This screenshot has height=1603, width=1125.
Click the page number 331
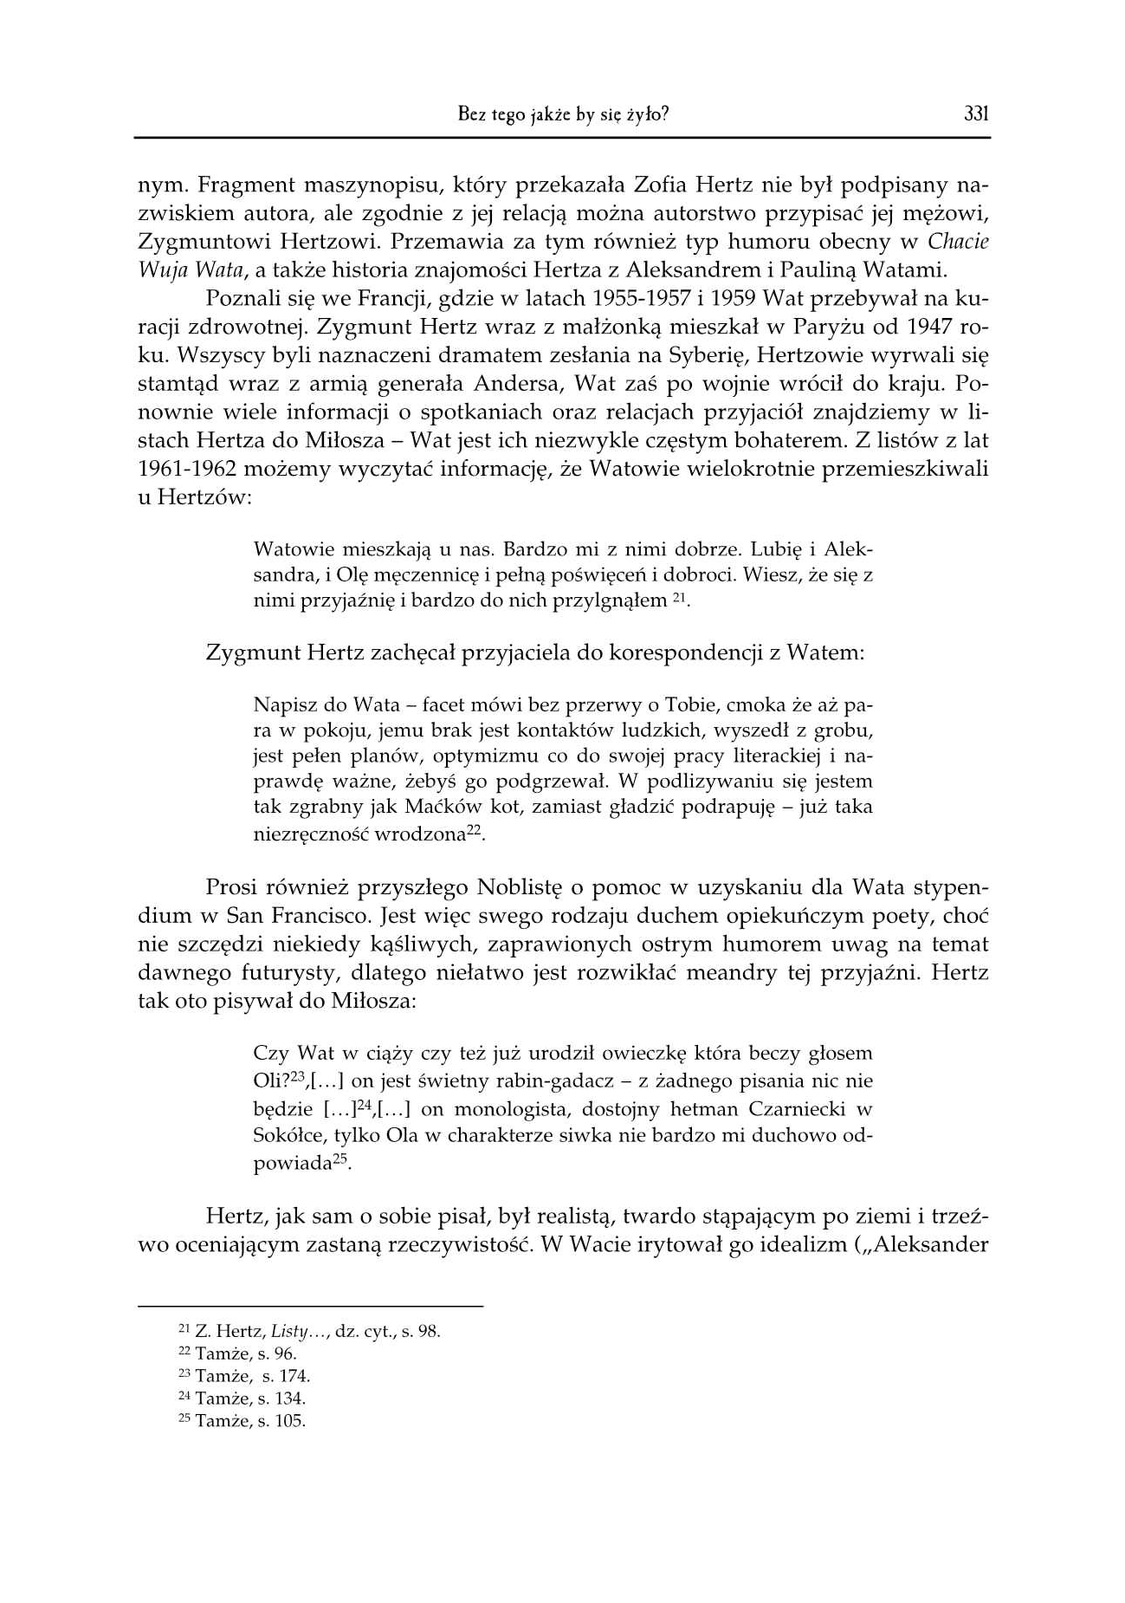tap(976, 114)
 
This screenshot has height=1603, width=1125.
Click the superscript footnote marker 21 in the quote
tap(680, 597)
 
